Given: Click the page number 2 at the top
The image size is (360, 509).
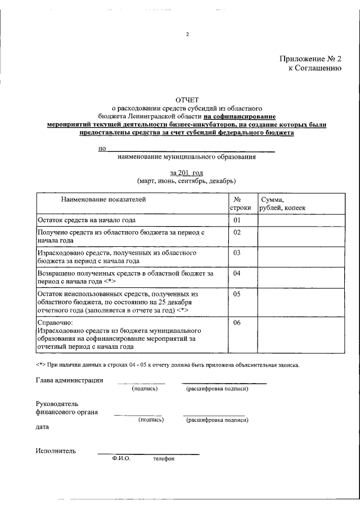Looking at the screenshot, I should pyautogui.click(x=187, y=34).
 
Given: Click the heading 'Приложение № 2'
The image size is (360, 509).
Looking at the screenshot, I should pyautogui.click(x=310, y=58).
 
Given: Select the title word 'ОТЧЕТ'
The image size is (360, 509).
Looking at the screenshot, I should pyautogui.click(x=187, y=100).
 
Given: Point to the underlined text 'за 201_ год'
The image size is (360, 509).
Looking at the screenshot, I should pyautogui.click(x=186, y=172).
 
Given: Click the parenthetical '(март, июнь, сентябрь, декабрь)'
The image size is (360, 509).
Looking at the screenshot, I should pyautogui.click(x=186, y=181).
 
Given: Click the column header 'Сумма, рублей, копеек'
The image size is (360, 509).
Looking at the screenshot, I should pyautogui.click(x=282, y=204).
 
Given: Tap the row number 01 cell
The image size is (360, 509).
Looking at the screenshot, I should pyautogui.click(x=237, y=220).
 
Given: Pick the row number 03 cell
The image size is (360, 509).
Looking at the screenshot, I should pyautogui.click(x=237, y=253).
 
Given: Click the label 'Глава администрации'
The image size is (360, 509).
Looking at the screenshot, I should pyautogui.click(x=69, y=380).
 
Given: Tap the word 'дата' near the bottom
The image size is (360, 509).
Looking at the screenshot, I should pyautogui.click(x=42, y=427).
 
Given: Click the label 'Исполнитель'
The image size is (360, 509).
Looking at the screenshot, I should pyautogui.click(x=55, y=451).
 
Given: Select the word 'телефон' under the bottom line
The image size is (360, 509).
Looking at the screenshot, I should pyautogui.click(x=164, y=459).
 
